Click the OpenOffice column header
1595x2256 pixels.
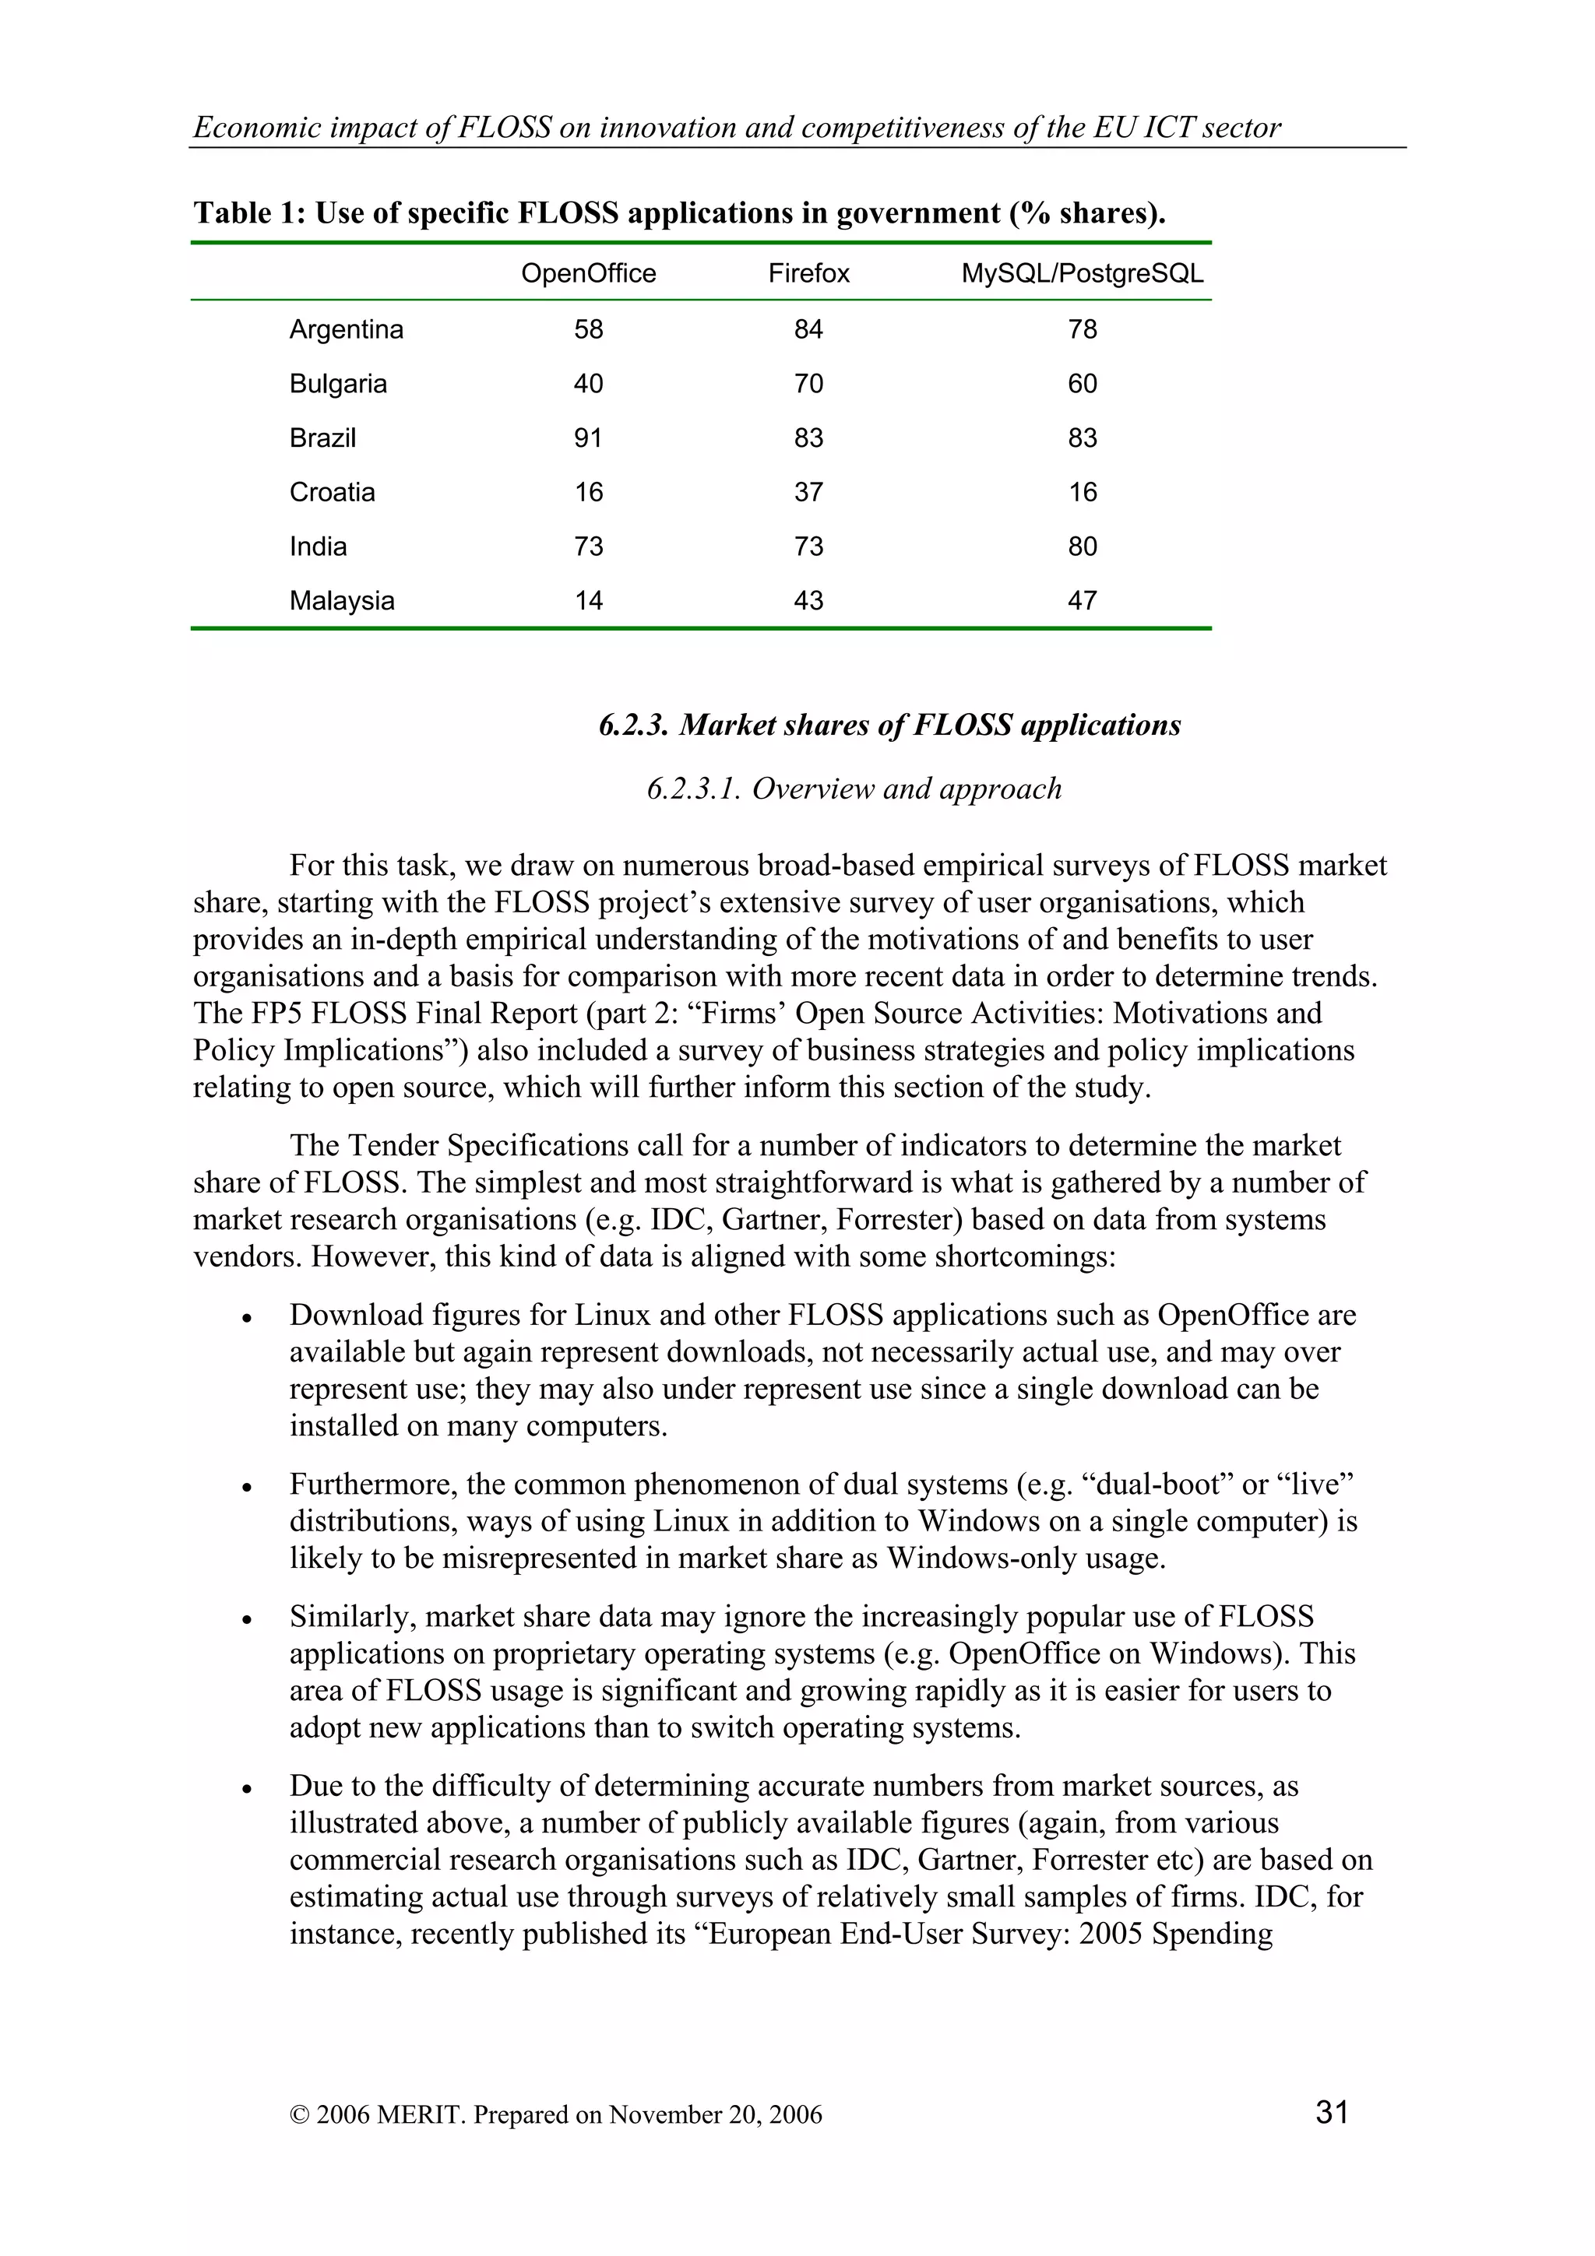(588, 273)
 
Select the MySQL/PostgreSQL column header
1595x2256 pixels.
(1082, 273)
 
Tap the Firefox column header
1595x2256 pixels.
(808, 273)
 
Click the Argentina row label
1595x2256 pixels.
(346, 329)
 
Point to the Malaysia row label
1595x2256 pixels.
(341, 600)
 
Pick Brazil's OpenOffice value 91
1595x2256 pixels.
(588, 438)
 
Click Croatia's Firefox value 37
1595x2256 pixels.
(808, 492)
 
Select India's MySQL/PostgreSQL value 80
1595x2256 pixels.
(1082, 546)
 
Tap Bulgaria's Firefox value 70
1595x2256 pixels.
(808, 385)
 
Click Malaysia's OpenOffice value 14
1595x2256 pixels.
(588, 600)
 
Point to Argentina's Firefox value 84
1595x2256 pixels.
(808, 329)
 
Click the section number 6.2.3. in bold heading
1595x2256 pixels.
(634, 726)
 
